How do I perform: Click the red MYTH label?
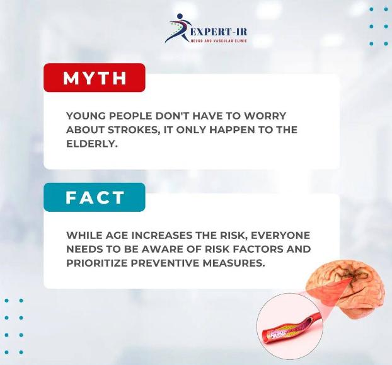click(95, 78)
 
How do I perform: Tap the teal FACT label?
click(95, 197)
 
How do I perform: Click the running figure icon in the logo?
click(178, 28)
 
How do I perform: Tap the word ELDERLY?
click(92, 144)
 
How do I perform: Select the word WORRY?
click(265, 116)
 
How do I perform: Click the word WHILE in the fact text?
click(84, 236)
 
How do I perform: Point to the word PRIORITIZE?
click(97, 263)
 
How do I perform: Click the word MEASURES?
click(234, 263)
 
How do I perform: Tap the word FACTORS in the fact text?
click(251, 249)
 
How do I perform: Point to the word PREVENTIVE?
click(165, 263)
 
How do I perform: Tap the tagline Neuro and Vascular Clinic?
click(219, 41)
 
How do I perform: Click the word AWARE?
click(160, 249)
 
